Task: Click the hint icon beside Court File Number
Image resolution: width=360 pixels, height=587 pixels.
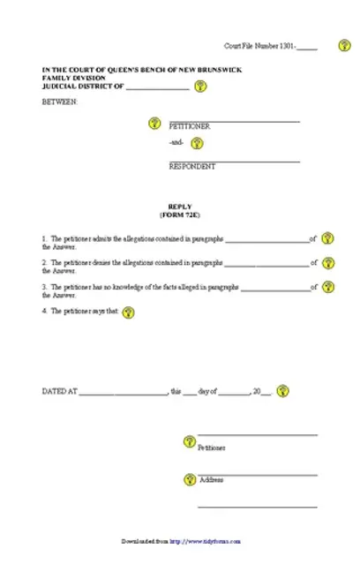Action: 344,45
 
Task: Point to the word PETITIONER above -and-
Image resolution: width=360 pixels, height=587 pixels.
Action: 189,126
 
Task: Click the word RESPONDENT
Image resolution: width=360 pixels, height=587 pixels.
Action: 191,166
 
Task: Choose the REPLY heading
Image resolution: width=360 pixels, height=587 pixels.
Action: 179,207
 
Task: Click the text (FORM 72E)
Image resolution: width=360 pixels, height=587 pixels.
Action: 179,215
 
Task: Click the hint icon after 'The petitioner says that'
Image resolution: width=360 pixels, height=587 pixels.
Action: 129,312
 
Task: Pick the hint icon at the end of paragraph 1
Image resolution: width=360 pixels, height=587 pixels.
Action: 327,238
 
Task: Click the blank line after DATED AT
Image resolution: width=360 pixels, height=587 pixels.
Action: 123,391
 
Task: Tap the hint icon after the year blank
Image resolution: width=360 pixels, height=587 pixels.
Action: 282,389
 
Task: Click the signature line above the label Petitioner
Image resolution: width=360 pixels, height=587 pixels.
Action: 257,435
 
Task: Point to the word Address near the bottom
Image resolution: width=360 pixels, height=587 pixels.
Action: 211,480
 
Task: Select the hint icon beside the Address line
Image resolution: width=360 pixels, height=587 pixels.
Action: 188,479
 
